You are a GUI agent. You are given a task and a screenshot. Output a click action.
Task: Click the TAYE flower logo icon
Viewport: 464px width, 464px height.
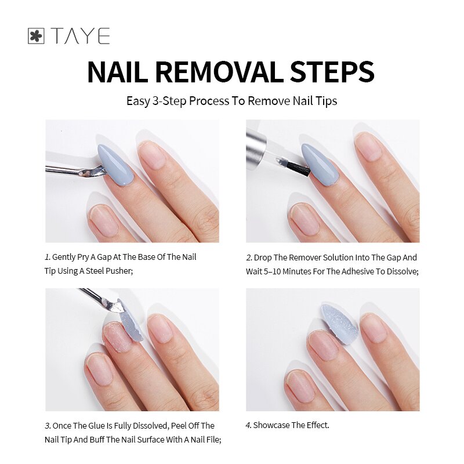36,37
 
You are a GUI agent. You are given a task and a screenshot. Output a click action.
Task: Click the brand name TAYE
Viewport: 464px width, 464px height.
80,37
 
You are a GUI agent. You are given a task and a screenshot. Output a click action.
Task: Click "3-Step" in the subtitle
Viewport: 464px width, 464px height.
168,101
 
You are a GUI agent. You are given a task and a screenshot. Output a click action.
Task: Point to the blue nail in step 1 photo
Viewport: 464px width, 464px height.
114,163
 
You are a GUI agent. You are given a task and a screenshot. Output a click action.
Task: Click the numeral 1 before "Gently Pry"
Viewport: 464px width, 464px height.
47,257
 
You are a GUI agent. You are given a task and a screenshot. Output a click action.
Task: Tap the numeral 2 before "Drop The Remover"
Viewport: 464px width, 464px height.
248,258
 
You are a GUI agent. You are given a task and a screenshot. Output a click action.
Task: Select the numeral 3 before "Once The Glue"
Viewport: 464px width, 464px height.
47,426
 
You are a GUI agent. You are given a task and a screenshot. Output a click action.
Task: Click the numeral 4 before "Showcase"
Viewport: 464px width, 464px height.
248,426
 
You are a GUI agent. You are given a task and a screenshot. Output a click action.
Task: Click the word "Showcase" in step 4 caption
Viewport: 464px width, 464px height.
271,426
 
